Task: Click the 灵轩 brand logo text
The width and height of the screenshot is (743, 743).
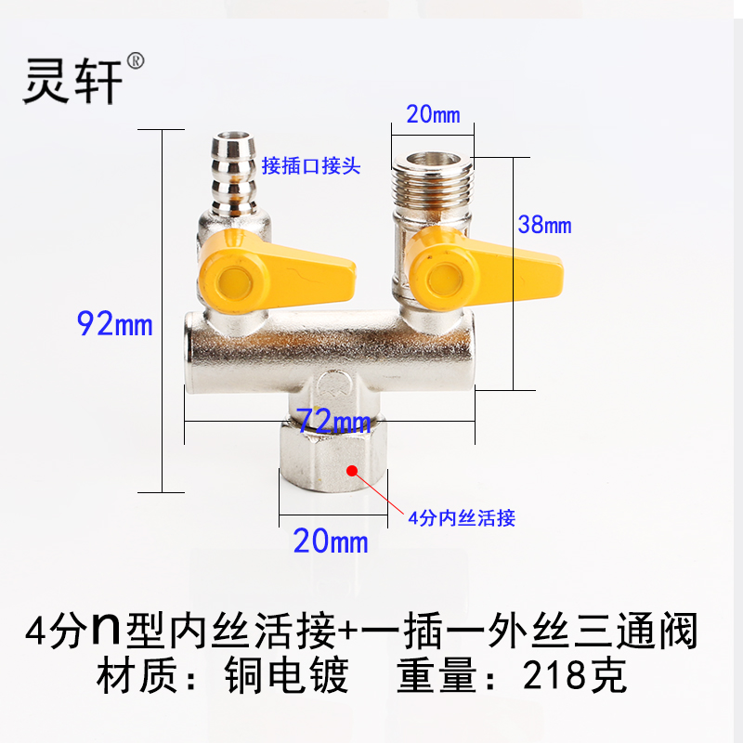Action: (72, 80)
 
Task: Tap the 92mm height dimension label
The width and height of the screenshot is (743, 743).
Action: (114, 325)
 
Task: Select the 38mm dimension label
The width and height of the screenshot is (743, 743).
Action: (545, 225)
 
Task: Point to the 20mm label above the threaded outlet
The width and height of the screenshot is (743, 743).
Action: (433, 115)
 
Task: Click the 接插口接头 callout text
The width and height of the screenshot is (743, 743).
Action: (310, 166)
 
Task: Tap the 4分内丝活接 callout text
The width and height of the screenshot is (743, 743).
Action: (461, 518)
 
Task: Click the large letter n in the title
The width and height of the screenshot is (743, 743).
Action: (103, 632)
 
